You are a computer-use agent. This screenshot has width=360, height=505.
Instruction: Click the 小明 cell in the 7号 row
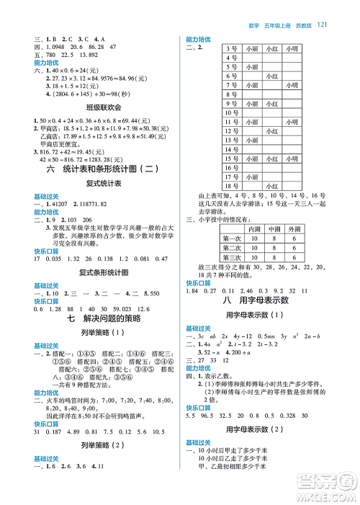[292, 85]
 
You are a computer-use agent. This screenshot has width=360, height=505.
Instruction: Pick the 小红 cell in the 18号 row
[272, 186]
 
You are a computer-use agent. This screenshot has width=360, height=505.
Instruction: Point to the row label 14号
[232, 150]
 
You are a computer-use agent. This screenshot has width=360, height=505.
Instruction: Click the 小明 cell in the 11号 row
[292, 122]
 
